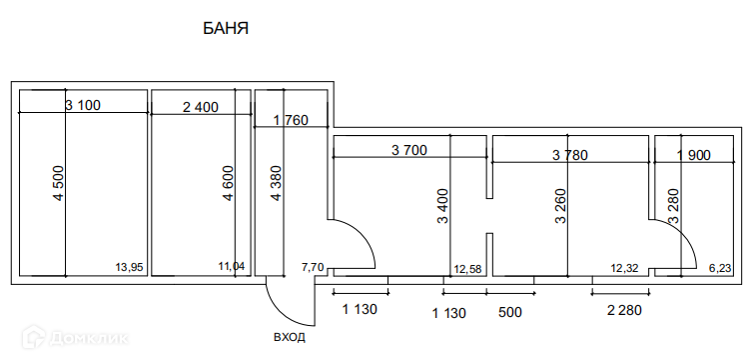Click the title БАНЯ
click(x=226, y=28)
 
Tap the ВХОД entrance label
click(x=290, y=337)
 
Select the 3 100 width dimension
click(x=83, y=105)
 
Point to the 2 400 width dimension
click(x=201, y=107)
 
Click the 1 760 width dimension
click(x=291, y=120)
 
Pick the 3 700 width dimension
click(x=409, y=150)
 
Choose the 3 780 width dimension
click(x=569, y=155)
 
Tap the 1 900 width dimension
click(x=694, y=155)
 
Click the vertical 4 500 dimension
click(x=58, y=183)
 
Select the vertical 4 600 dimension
click(x=228, y=183)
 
